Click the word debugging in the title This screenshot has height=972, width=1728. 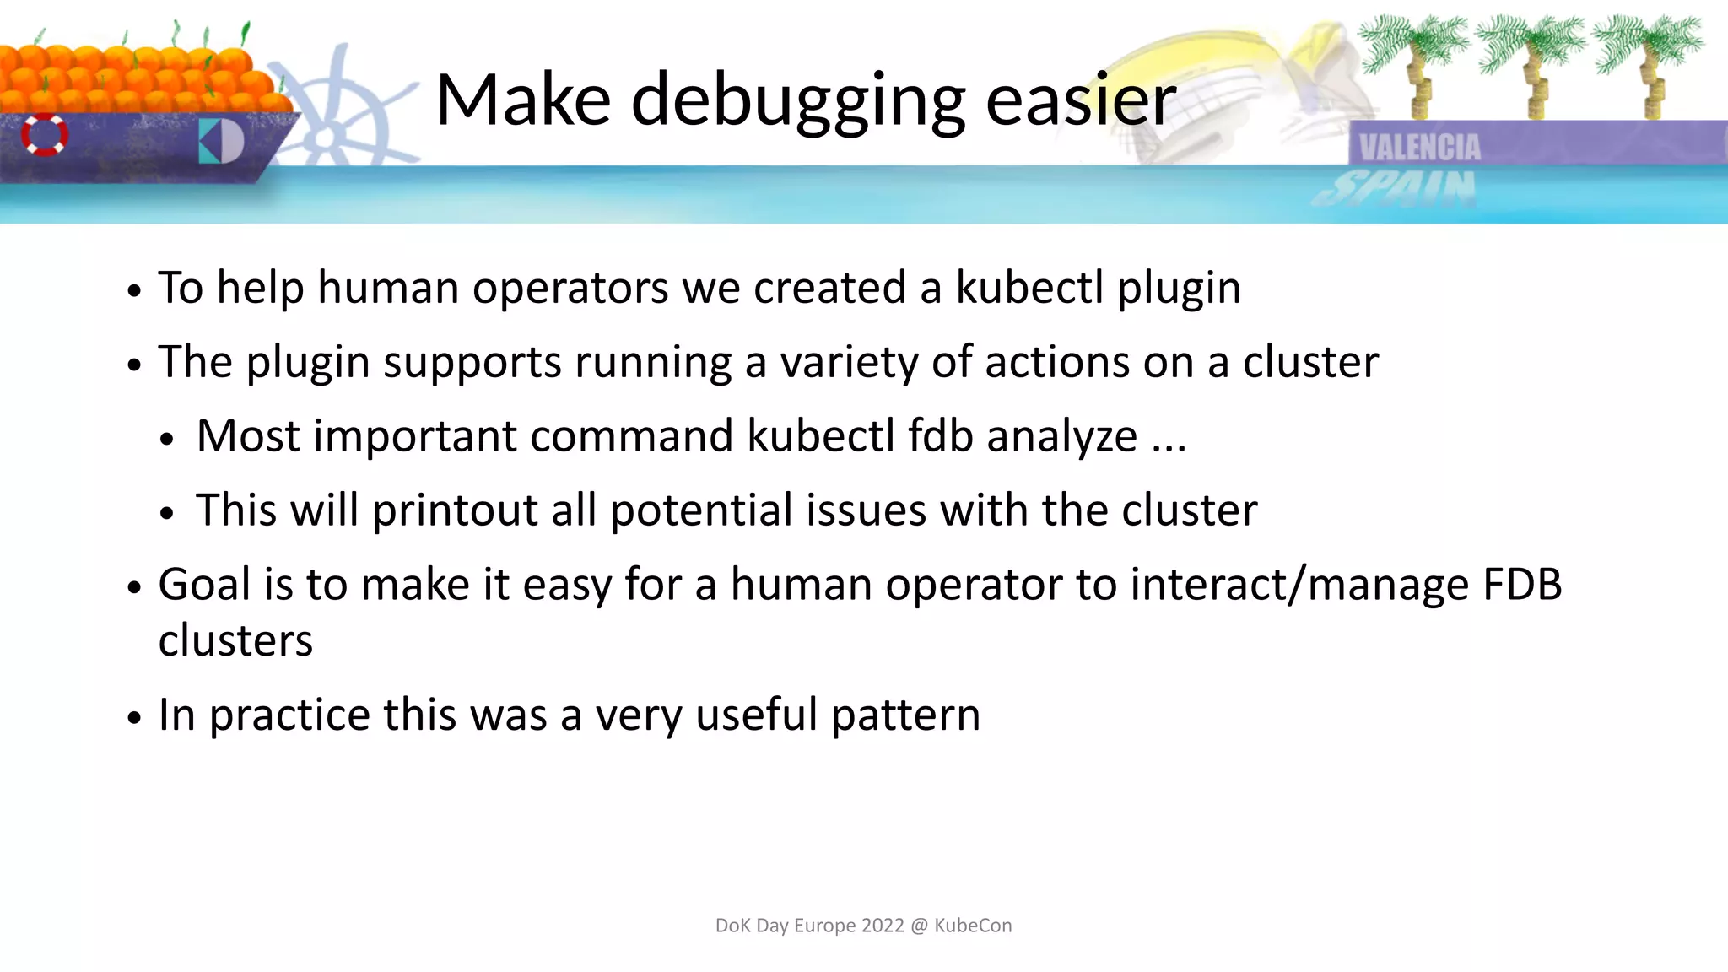(x=797, y=101)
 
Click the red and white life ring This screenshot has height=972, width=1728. (x=45, y=134)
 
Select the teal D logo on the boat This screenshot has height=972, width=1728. (x=221, y=141)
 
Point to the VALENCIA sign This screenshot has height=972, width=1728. (x=1420, y=148)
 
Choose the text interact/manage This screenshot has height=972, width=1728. (x=1299, y=584)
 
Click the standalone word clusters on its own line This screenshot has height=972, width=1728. (x=235, y=640)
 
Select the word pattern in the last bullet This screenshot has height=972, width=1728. (x=905, y=715)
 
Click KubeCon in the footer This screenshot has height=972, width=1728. (x=973, y=926)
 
